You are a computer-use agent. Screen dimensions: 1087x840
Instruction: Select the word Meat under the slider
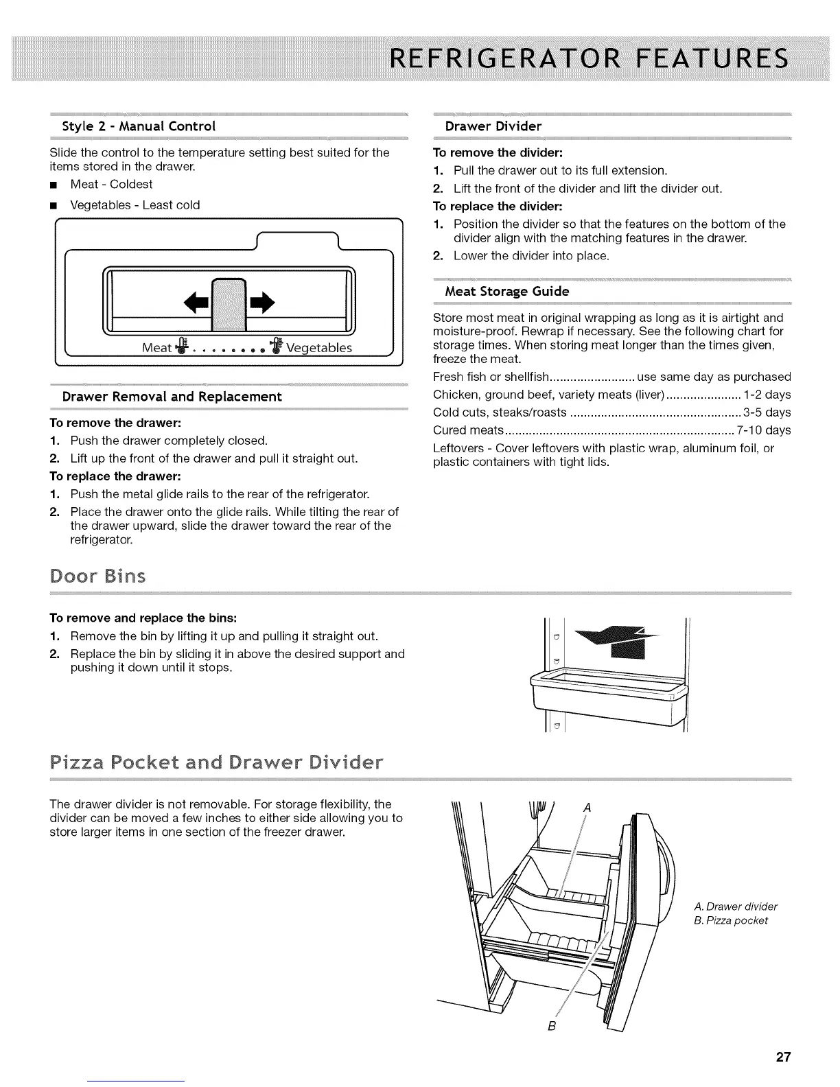[156, 348]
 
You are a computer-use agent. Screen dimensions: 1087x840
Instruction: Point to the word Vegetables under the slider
[319, 348]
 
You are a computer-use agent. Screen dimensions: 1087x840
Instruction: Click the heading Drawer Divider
[493, 126]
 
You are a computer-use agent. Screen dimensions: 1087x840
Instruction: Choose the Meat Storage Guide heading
[507, 292]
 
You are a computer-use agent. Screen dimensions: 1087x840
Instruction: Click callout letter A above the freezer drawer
[587, 808]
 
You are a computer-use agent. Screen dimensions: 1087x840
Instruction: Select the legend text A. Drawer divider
[736, 907]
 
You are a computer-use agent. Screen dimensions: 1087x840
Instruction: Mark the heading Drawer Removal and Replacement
[172, 397]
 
